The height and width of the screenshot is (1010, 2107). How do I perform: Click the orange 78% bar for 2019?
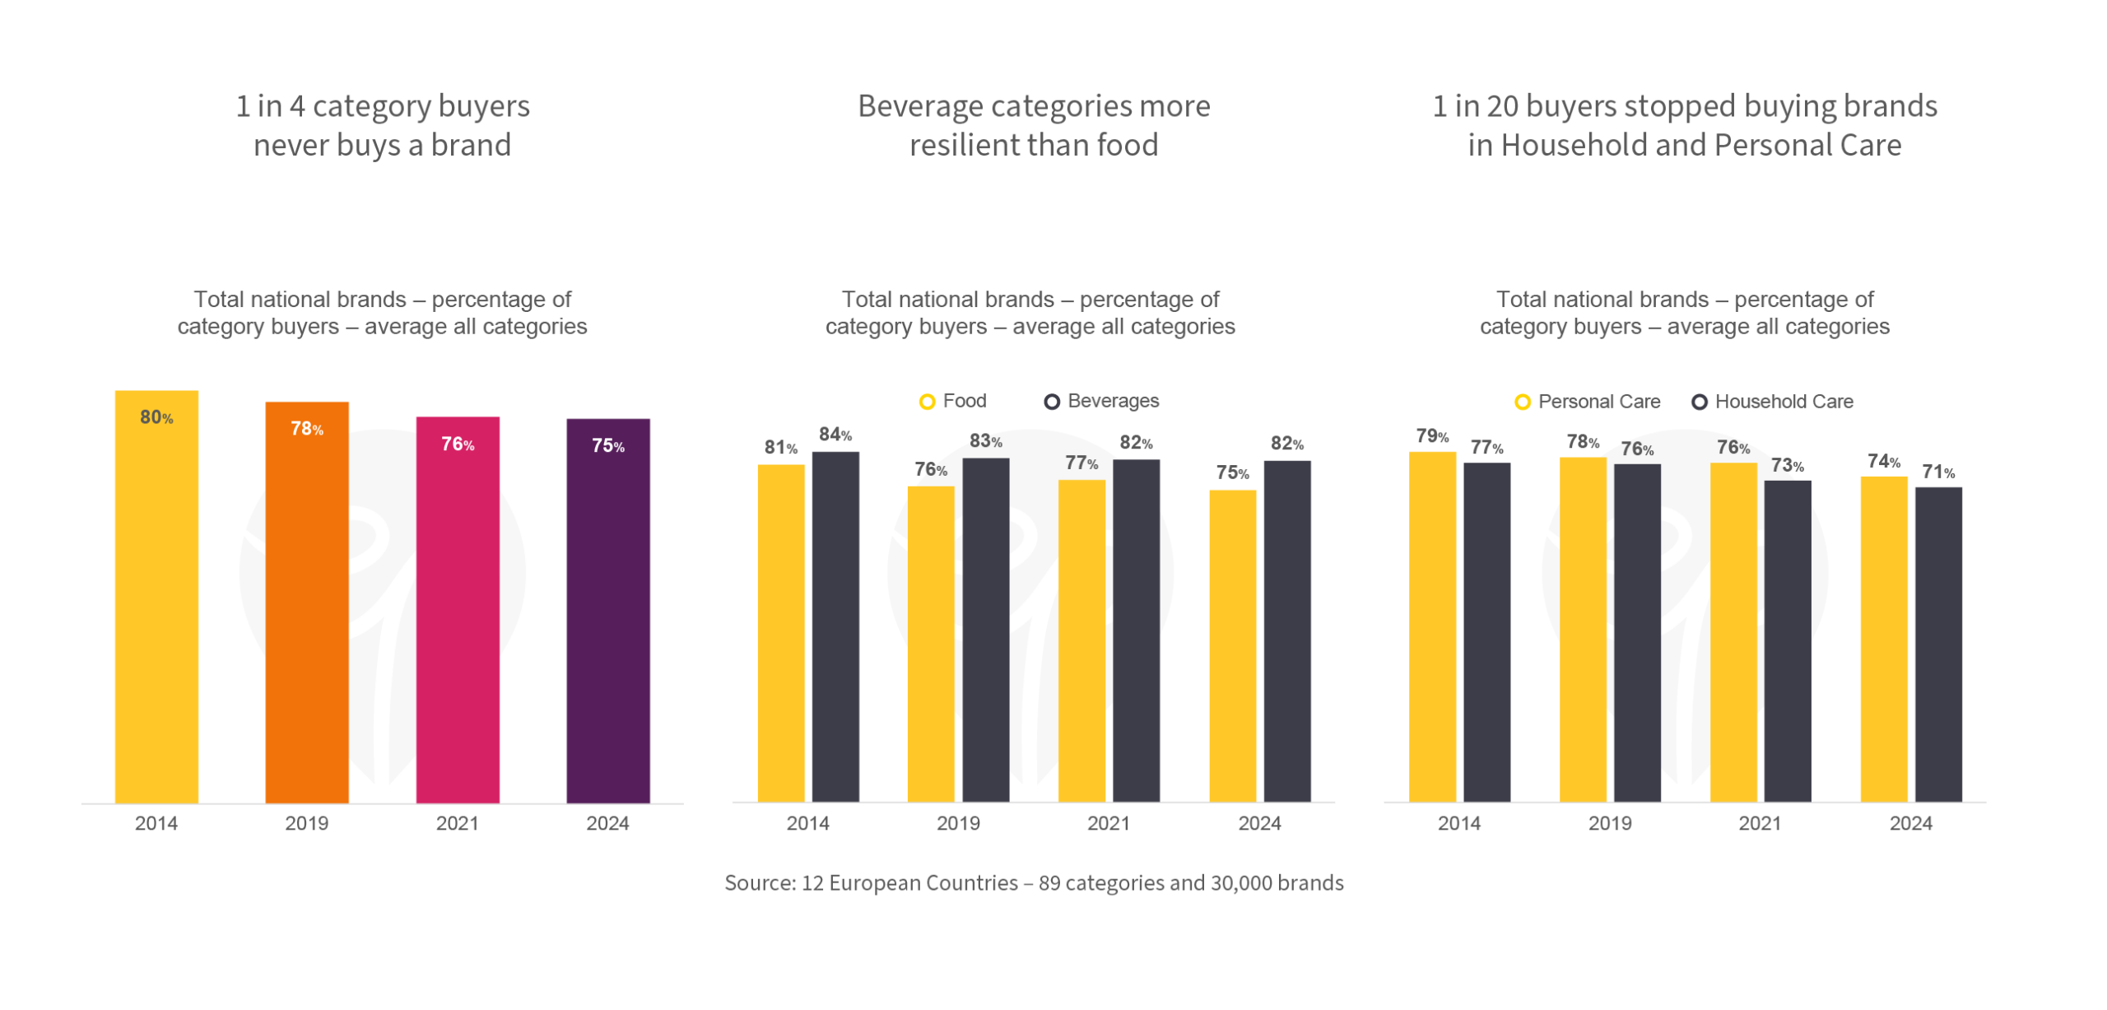[307, 601]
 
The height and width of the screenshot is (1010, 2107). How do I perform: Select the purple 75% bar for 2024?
[608, 609]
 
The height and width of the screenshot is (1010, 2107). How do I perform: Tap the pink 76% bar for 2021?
[458, 609]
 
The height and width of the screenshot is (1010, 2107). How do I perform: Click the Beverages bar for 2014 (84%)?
[835, 626]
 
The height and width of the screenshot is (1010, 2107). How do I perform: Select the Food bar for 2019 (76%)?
[931, 643]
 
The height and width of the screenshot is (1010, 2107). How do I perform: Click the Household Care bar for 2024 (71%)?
[1938, 643]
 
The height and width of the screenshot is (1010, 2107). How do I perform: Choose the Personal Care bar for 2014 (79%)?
[1432, 626]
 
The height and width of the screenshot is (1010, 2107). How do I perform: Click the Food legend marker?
[927, 402]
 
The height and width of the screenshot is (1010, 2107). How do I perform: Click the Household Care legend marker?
[1699, 402]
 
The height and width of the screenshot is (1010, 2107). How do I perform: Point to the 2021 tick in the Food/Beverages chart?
[1109, 823]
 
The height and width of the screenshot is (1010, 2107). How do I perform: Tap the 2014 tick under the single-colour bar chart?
[156, 823]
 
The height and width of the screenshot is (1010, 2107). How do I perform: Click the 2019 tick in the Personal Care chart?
[1609, 823]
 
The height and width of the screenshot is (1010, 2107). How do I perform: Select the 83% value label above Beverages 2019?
[985, 441]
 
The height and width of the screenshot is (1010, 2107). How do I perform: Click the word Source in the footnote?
[759, 883]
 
